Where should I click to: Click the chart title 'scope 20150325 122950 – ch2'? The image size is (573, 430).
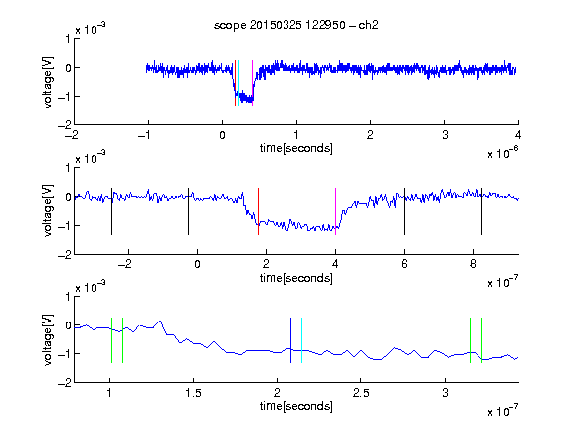296,25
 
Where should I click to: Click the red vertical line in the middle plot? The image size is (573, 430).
258,211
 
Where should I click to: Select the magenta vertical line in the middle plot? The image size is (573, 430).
335,211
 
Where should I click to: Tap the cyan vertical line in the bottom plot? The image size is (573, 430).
301,340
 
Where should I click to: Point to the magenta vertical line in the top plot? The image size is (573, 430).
252,83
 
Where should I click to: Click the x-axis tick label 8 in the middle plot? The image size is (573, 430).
473,264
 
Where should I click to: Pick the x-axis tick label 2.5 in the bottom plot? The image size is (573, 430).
361,393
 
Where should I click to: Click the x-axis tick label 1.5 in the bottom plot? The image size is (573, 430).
193,393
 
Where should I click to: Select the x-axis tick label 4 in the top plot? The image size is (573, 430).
518,135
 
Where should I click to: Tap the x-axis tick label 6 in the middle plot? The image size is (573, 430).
404,264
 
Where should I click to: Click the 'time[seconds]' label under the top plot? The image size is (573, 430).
296,148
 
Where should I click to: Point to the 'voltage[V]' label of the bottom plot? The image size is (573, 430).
48,339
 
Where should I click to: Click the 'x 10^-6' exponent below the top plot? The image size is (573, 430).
503,153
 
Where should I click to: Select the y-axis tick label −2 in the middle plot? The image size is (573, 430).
65,255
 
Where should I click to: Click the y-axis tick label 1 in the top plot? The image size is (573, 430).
68,39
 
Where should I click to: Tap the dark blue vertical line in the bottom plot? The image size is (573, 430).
290,340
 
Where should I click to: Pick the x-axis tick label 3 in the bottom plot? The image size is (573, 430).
445,393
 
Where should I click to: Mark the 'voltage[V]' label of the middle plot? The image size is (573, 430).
48,211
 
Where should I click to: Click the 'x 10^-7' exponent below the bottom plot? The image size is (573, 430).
503,411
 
